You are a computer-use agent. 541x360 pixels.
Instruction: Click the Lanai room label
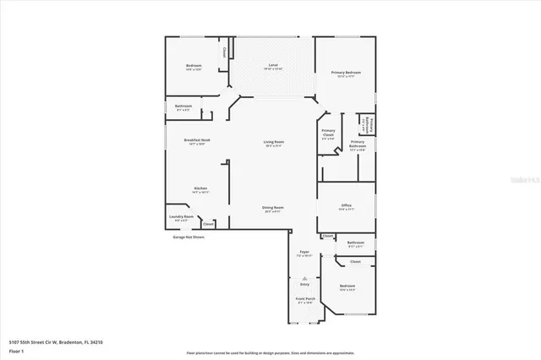(273, 65)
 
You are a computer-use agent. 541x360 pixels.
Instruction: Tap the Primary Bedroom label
(346, 73)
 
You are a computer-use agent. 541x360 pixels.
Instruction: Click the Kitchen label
(200, 188)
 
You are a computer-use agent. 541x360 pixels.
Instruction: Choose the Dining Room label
(273, 207)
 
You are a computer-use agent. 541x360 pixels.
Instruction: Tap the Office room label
(346, 205)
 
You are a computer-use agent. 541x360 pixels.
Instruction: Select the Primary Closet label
(329, 134)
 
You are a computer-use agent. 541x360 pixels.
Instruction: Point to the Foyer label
(304, 252)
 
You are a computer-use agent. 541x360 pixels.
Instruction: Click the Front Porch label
(305, 299)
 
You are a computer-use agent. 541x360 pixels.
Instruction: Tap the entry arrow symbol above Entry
(304, 278)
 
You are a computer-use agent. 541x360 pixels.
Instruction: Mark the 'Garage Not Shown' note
(189, 237)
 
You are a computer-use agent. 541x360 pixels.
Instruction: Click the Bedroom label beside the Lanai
(194, 66)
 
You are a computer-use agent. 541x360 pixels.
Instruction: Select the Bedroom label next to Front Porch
(347, 286)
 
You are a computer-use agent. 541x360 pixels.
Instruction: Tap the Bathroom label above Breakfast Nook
(183, 106)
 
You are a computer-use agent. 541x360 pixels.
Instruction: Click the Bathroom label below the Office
(355, 243)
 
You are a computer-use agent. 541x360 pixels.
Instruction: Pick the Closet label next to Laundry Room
(208, 224)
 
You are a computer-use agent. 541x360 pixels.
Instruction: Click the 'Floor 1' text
(16, 350)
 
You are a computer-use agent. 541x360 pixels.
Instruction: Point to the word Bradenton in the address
(69, 341)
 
